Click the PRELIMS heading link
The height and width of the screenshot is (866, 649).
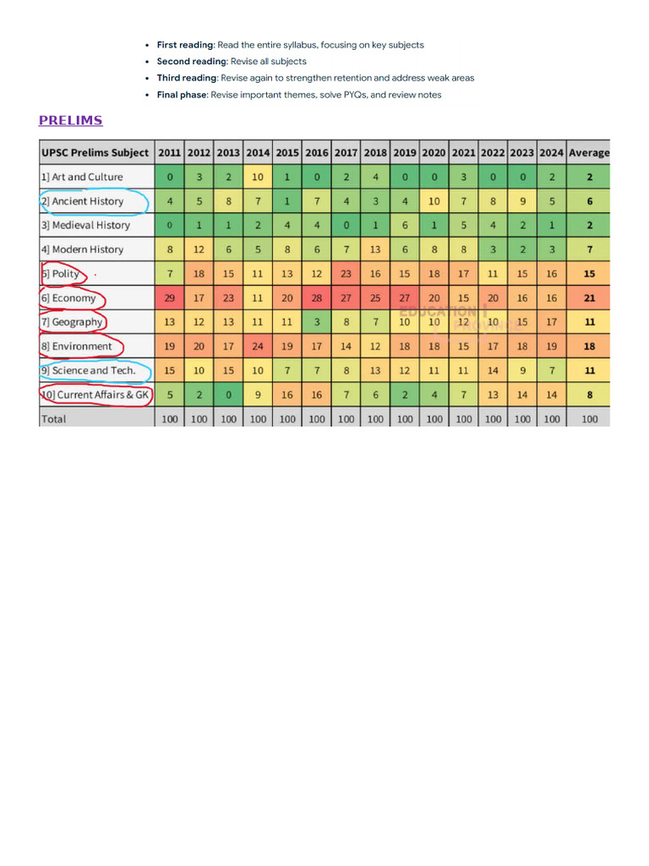pyautogui.click(x=70, y=120)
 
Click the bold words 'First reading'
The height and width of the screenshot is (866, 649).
pyautogui.click(x=184, y=45)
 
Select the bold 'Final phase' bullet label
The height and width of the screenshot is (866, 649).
pyautogui.click(x=182, y=95)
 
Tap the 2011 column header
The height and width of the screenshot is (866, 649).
pyautogui.click(x=170, y=153)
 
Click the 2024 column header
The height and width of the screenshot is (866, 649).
pyautogui.click(x=552, y=153)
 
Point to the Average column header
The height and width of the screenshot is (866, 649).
pyautogui.click(x=589, y=153)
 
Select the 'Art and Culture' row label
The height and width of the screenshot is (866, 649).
pyautogui.click(x=82, y=177)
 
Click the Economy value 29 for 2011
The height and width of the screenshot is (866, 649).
pyautogui.click(x=170, y=298)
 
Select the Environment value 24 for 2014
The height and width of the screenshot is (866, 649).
pyautogui.click(x=258, y=346)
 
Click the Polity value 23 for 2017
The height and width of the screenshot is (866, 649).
pyautogui.click(x=346, y=273)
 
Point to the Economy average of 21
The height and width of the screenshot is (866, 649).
pyautogui.click(x=589, y=298)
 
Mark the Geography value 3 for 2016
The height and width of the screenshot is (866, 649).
pyautogui.click(x=317, y=321)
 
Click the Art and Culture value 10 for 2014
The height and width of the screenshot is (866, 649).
pyautogui.click(x=258, y=177)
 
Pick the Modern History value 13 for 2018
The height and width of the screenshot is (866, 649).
pyautogui.click(x=375, y=249)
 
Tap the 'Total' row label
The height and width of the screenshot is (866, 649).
pyautogui.click(x=53, y=419)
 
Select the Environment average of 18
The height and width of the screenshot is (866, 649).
pyautogui.click(x=589, y=346)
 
